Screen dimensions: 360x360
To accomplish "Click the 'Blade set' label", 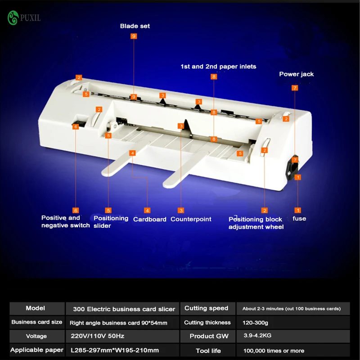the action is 135,26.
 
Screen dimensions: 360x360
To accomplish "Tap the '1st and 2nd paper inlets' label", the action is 218,67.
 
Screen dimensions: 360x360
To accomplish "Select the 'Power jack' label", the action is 296,74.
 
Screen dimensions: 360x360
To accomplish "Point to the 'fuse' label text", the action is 299,219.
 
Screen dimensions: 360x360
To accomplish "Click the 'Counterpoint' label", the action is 191,219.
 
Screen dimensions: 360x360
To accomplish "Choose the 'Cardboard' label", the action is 150,219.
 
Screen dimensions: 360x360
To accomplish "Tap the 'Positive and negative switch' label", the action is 66,221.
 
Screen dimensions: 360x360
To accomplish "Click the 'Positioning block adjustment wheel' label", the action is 256,223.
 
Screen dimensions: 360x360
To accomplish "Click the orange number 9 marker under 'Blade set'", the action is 134,36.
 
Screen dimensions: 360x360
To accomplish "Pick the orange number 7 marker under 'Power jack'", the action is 295,88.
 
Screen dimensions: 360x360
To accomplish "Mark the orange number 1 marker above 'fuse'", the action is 298,210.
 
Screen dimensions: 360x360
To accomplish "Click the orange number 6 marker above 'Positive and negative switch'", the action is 76,210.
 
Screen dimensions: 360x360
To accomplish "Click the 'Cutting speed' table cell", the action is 206,308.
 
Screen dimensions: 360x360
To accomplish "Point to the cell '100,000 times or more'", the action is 273,351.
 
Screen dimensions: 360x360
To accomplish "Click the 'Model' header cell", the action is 36,308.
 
